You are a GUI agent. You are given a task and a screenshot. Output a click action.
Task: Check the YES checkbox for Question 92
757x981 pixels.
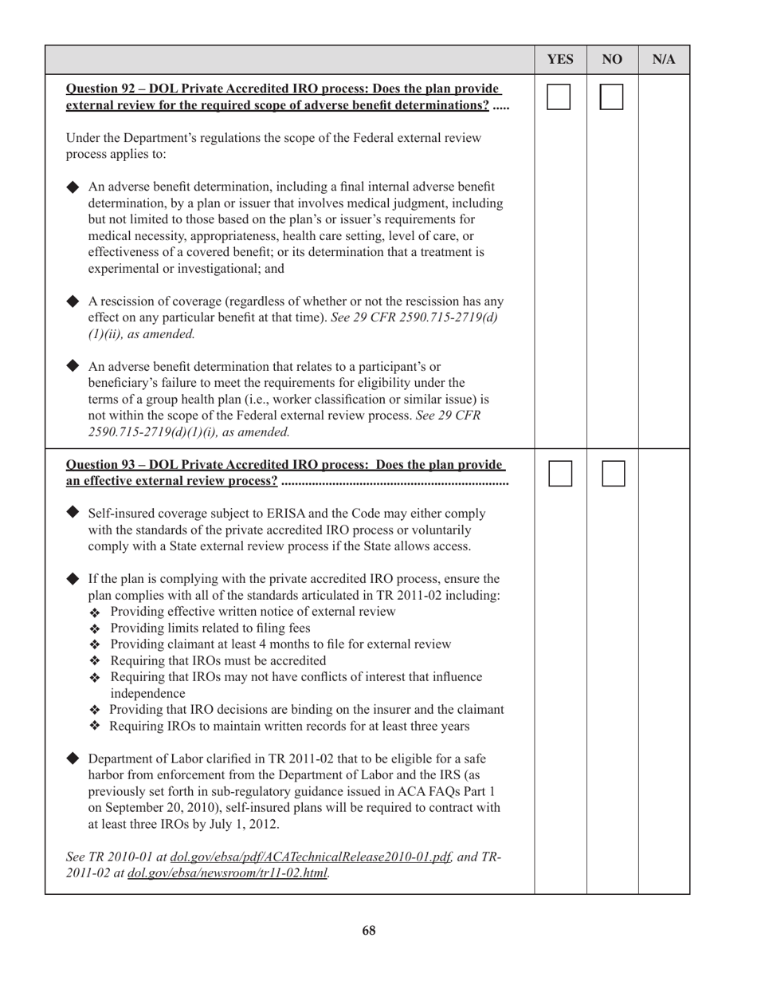pos(559,97)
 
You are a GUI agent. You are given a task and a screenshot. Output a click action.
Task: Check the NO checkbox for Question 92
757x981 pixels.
pos(612,97)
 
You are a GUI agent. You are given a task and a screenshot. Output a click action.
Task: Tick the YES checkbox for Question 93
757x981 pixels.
pos(559,473)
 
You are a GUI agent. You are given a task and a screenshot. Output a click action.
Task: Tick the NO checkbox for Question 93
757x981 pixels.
pos(612,473)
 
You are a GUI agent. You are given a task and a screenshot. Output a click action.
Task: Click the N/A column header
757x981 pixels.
pos(664,60)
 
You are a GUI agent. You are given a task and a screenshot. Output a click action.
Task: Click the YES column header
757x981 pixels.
pos(560,60)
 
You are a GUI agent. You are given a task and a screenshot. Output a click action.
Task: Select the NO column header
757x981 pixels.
pos(612,60)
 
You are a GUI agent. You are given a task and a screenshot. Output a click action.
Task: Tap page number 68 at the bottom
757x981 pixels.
pos(368,931)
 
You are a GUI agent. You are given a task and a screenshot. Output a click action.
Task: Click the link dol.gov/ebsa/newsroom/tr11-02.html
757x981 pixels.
pos(228,873)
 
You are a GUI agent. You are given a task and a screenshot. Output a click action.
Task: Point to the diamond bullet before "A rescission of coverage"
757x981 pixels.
pos(73,301)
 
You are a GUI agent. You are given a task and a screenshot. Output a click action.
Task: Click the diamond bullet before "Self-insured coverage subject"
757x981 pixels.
pos(73,512)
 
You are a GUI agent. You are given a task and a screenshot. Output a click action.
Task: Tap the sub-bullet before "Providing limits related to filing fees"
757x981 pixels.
pos(96,628)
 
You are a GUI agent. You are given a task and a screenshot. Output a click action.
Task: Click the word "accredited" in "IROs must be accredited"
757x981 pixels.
pos(298,660)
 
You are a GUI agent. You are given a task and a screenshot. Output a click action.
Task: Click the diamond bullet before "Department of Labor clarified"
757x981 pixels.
pos(73,758)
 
